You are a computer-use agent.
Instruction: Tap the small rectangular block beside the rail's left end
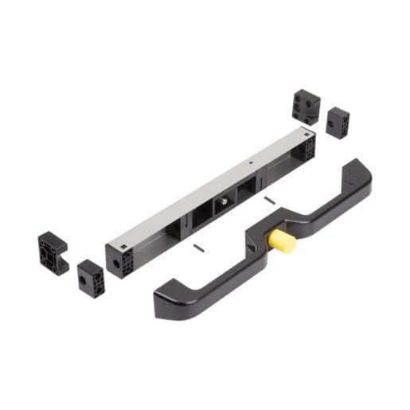(x=90, y=278)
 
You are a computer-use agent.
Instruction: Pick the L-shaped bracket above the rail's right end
(x=306, y=106)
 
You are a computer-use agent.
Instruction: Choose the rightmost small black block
(x=338, y=123)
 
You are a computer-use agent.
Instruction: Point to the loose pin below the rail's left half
(x=198, y=249)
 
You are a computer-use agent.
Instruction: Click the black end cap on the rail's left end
(x=119, y=260)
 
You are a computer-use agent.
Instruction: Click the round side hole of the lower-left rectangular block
(x=83, y=280)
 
